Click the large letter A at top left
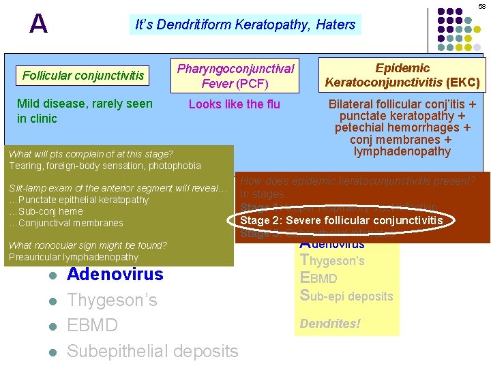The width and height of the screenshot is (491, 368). tap(39, 25)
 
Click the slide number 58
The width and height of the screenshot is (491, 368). tap(481, 6)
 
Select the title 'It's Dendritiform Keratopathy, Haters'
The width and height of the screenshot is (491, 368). tap(245, 25)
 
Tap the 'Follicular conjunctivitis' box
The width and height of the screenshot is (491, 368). tap(83, 75)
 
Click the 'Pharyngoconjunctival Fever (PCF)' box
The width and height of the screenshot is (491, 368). tap(235, 76)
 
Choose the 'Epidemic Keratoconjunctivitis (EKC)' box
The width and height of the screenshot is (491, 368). tap(402, 76)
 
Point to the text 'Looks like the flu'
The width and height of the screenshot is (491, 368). tap(235, 104)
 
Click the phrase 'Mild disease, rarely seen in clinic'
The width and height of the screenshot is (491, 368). tap(85, 111)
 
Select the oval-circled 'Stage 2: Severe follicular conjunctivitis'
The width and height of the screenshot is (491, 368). tap(341, 220)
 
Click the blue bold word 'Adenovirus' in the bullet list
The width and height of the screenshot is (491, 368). tap(115, 275)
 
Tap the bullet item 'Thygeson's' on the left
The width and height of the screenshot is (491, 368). tap(112, 300)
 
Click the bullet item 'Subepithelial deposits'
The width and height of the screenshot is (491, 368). tap(153, 351)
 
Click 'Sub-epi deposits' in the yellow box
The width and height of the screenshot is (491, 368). tap(346, 296)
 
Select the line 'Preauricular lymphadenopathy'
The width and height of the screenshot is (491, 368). tap(74, 258)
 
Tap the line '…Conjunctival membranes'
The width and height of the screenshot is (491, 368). tap(65, 223)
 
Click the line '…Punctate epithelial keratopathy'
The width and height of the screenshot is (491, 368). tap(78, 200)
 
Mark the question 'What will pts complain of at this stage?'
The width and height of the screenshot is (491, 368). tap(91, 154)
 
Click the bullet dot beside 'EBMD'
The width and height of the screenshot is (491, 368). tap(52, 326)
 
